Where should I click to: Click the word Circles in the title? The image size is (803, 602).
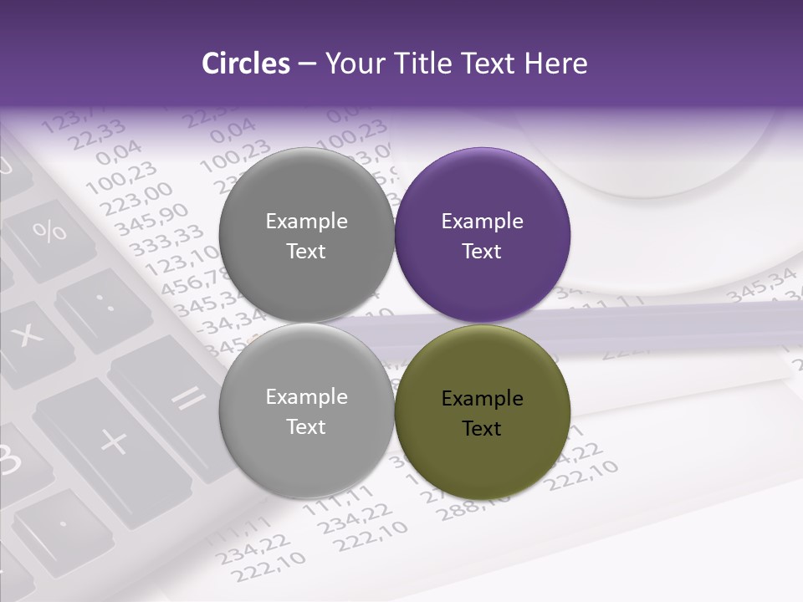coord(246,64)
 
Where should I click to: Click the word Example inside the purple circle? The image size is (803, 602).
coord(482,221)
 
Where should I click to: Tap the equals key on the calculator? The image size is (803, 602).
coord(187,398)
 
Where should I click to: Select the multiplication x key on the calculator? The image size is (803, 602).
coord(28,335)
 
